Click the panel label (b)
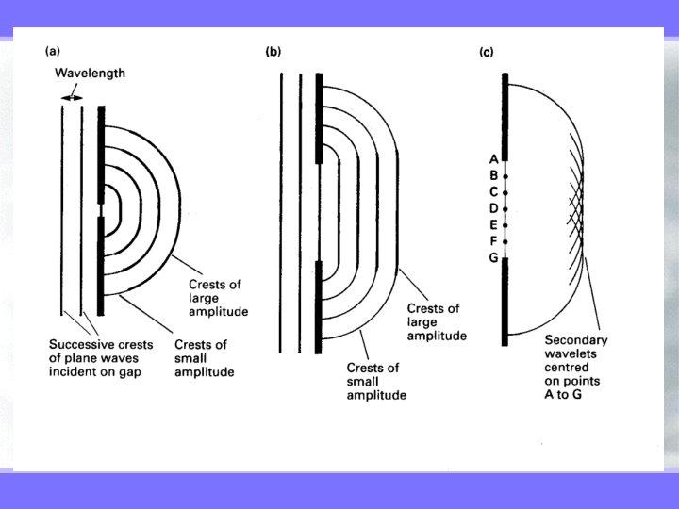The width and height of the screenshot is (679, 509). pos(273,52)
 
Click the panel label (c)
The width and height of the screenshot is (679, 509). pos(487,52)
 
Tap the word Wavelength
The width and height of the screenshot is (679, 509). pos(90,73)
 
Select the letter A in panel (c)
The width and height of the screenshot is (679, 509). pos(493,159)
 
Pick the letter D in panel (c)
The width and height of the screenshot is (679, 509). pos(493,207)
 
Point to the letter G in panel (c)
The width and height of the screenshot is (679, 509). pos(493,257)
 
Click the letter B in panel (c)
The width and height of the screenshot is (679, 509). pos(493,175)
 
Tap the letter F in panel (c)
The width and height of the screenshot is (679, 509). pos(493,240)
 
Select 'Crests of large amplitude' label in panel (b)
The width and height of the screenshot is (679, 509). pos(436,321)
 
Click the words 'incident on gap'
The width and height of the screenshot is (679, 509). pos(95,372)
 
